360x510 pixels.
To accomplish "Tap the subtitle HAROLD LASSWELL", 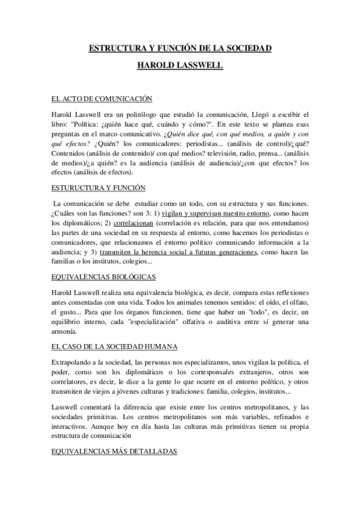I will [180, 66].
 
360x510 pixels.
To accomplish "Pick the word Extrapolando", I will [76, 362].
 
